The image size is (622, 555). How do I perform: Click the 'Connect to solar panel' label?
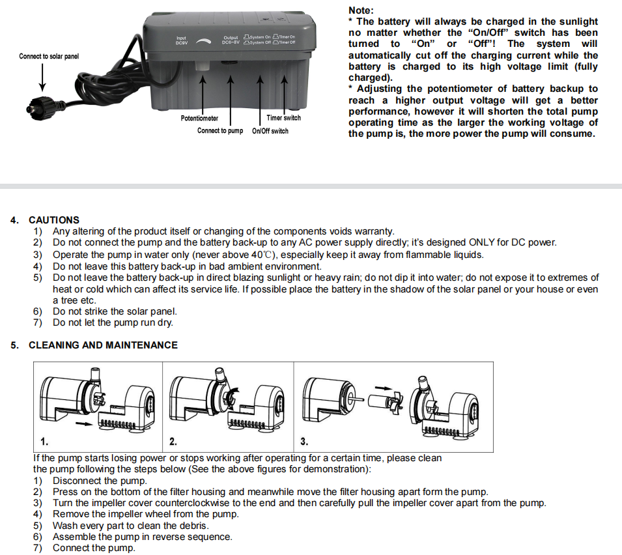(x=49, y=57)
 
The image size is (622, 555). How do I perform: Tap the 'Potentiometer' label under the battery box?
(x=199, y=119)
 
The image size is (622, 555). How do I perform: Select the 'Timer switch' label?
(x=284, y=118)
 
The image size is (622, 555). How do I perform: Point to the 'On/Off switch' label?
(x=270, y=131)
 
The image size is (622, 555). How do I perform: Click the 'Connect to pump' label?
(x=220, y=131)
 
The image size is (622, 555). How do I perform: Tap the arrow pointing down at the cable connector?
(x=43, y=77)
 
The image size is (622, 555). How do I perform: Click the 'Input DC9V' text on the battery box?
(x=181, y=40)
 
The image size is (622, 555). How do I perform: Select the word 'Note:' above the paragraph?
(x=361, y=10)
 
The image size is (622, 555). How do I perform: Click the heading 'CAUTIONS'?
(x=54, y=220)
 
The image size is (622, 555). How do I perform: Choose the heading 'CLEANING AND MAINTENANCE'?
(x=103, y=345)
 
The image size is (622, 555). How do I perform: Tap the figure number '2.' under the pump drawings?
(x=173, y=442)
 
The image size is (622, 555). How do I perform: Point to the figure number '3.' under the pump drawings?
(x=304, y=442)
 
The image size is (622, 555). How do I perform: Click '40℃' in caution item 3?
(x=259, y=255)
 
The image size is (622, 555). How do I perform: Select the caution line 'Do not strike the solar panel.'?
(x=115, y=311)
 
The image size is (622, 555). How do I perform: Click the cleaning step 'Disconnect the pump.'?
(x=100, y=481)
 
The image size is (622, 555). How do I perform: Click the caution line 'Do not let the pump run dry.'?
(x=113, y=322)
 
